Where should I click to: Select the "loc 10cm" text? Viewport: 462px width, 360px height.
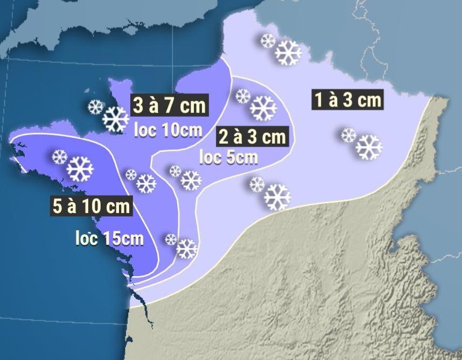click(x=167, y=131)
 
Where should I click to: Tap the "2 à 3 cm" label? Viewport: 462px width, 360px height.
click(x=252, y=137)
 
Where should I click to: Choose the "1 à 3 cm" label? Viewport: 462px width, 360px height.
click(x=347, y=100)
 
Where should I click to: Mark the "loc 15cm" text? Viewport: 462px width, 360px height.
click(x=109, y=237)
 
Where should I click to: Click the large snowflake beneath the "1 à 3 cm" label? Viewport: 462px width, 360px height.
click(x=369, y=147)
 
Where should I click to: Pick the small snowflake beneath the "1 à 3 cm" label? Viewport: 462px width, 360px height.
click(x=349, y=135)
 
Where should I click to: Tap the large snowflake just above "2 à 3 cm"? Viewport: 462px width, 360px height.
click(x=263, y=108)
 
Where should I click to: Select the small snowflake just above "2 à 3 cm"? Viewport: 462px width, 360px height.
click(x=243, y=96)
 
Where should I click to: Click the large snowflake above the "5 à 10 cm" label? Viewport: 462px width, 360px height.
click(x=80, y=168)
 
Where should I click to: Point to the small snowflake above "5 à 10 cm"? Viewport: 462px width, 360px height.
click(x=59, y=157)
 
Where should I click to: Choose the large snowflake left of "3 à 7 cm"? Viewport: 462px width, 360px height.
click(x=116, y=119)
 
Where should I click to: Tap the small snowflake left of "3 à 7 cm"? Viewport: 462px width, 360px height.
click(x=96, y=107)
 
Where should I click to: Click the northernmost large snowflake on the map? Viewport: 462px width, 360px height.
click(x=288, y=53)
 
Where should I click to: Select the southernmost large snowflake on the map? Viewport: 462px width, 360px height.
click(x=187, y=249)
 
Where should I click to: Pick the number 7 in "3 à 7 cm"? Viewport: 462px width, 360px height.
click(x=172, y=105)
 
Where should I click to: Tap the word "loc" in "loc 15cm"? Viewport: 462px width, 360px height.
click(x=86, y=237)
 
